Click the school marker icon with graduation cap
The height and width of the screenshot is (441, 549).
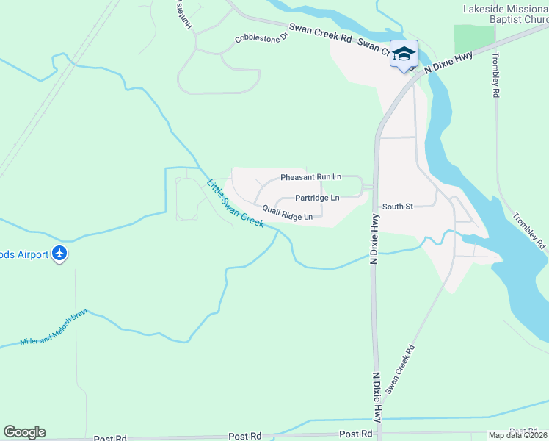point(404,54)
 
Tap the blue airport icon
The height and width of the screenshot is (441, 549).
point(59,254)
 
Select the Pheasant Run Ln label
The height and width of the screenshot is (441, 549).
point(310,178)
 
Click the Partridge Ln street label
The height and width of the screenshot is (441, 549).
point(317,198)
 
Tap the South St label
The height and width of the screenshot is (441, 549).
point(397,207)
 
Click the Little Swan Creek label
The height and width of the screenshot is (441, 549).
point(235,204)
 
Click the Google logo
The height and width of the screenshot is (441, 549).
point(24,432)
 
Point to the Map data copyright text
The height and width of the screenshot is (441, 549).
point(518,435)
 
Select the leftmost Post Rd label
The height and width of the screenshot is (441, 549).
point(110,437)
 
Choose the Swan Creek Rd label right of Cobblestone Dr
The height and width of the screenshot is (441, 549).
point(321,32)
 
